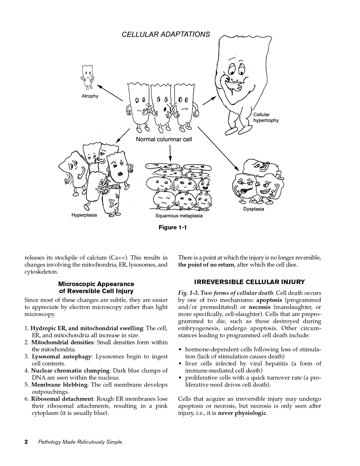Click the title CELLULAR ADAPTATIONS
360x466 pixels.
pyautogui.click(x=166, y=34)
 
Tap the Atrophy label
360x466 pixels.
pyautogui.click(x=90, y=96)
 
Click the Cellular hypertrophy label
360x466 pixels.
pyautogui.click(x=266, y=117)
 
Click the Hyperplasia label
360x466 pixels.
pyautogui.click(x=84, y=215)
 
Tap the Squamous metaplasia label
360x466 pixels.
pyautogui.click(x=179, y=216)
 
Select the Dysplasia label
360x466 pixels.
pyautogui.click(x=254, y=209)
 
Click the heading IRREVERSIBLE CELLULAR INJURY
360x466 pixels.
pyautogui.click(x=250, y=282)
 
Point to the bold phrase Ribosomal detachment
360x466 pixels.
pyautogui.click(x=62, y=399)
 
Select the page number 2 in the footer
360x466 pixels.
pyautogui.click(x=26, y=442)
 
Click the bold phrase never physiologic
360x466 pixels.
pyautogui.click(x=242, y=413)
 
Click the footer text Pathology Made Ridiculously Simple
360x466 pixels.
pyautogui.click(x=80, y=442)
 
